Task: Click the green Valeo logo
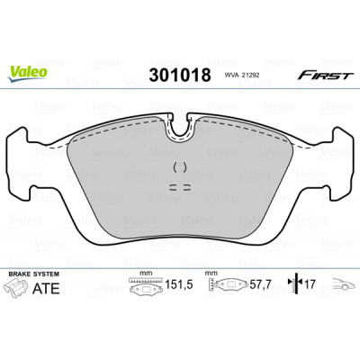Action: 27,74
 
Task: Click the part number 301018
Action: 180,75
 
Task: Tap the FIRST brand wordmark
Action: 325,75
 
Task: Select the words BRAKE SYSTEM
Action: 34,274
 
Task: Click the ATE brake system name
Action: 46,288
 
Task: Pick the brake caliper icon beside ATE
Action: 16,287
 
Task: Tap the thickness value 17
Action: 310,283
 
